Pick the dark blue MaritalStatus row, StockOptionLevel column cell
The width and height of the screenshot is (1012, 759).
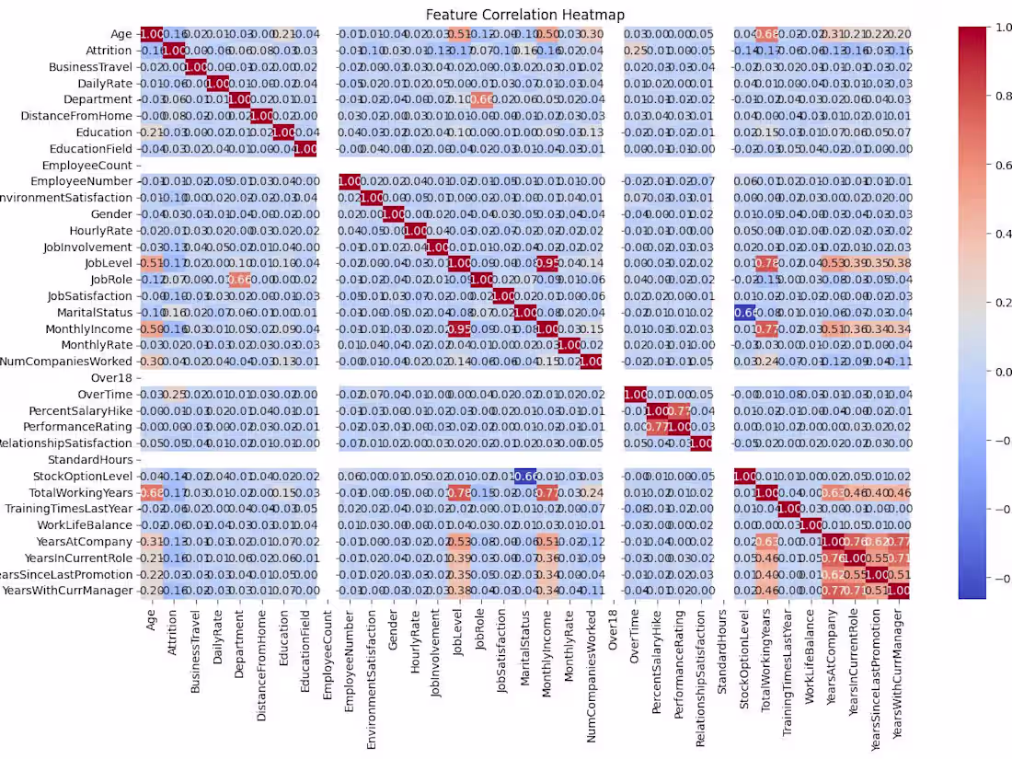[x=746, y=312]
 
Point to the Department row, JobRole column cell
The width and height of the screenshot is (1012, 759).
[x=481, y=99]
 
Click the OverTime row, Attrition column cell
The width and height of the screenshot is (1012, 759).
[x=173, y=394]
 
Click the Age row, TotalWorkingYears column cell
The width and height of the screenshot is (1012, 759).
[x=768, y=34]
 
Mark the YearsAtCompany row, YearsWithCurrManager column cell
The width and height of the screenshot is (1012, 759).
[x=900, y=541]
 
